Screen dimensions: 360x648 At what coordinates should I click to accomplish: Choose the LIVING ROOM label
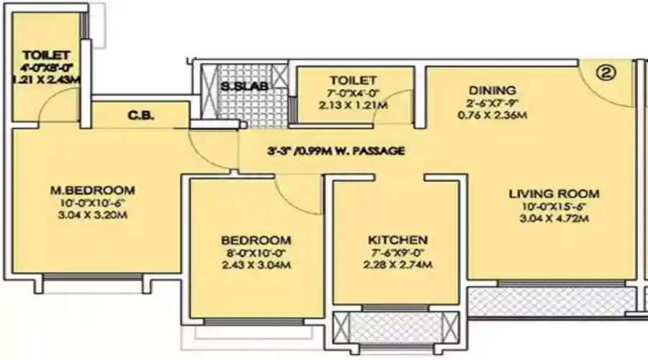[554, 194]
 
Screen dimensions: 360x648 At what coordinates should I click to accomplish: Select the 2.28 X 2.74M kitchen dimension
[397, 265]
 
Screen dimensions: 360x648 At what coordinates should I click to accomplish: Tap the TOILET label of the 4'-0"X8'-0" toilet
[45, 55]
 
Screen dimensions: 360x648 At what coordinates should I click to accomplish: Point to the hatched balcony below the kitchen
[397, 327]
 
